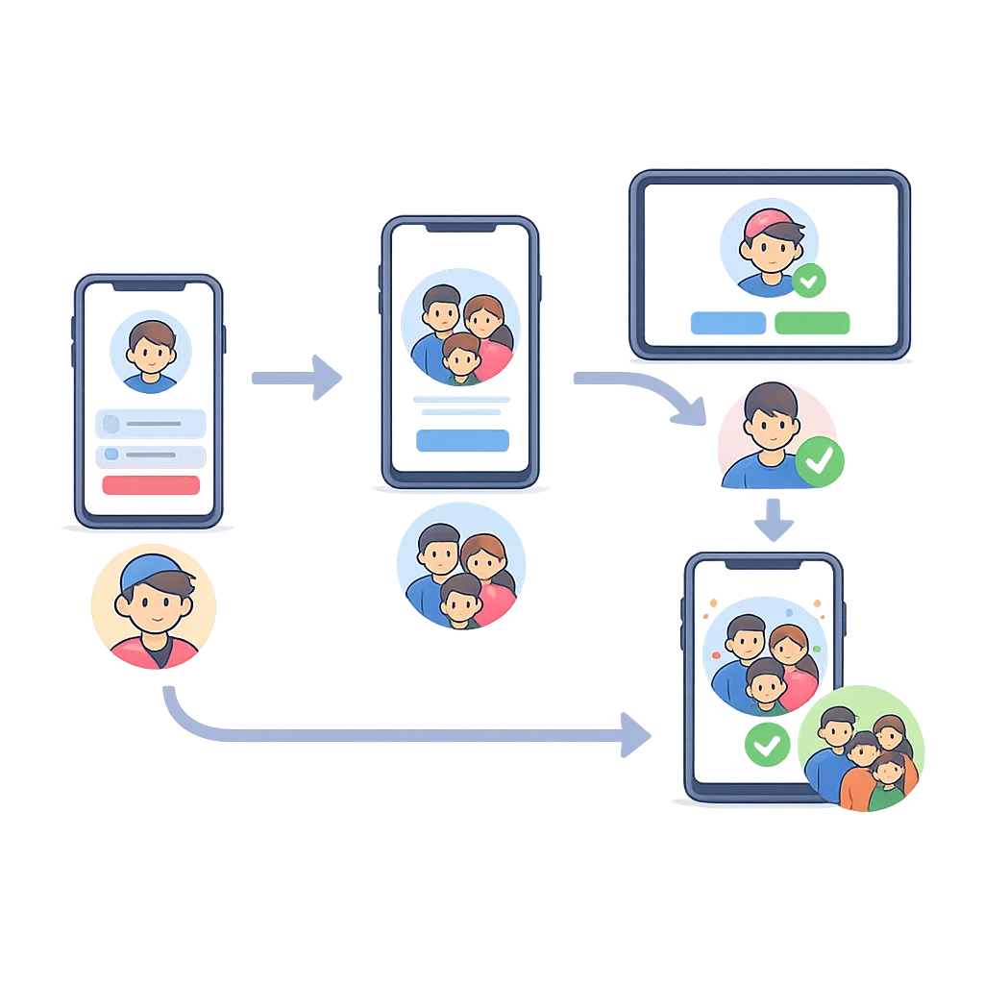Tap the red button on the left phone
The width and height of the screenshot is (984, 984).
click(150, 485)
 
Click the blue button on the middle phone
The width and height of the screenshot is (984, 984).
click(462, 440)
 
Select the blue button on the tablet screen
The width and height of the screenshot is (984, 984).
click(727, 323)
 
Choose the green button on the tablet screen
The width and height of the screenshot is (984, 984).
click(812, 323)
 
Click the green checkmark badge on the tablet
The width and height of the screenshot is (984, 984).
click(809, 281)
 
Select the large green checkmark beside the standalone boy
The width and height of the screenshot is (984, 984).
click(819, 462)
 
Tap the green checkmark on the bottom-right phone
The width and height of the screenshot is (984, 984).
click(766, 744)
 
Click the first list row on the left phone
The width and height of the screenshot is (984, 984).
click(150, 424)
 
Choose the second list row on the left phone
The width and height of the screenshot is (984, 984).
click(150, 455)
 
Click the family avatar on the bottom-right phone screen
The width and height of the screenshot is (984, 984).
click(764, 664)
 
